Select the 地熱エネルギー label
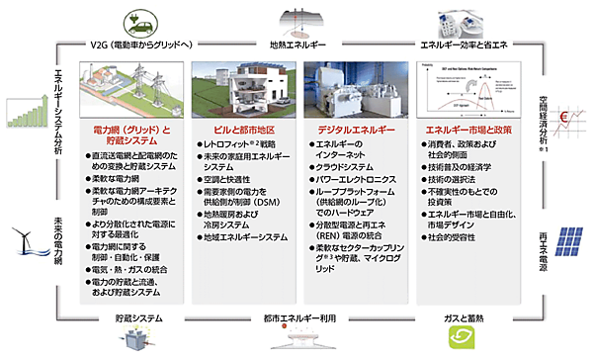coord(298,45)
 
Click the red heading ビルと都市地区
coord(244,130)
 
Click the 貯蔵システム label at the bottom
coord(134,318)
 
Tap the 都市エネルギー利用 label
coord(296,318)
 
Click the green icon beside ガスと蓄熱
coord(463,340)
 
